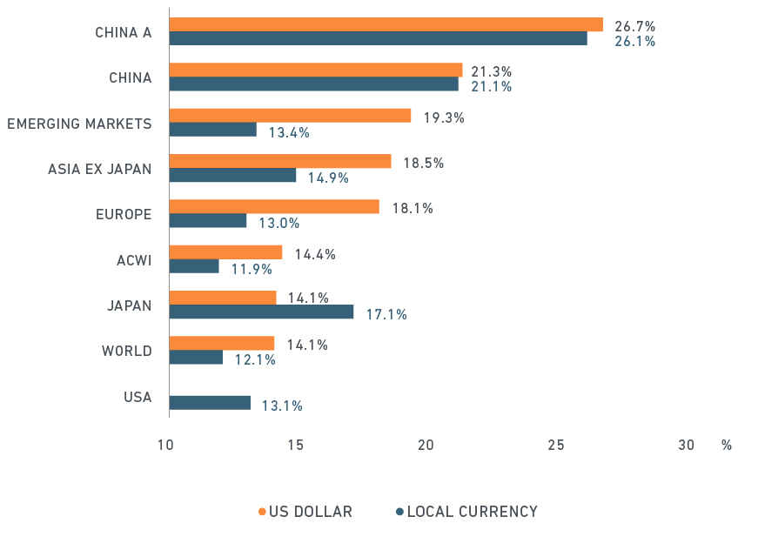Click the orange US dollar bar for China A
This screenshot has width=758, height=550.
(386, 24)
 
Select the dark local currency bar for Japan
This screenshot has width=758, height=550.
(261, 312)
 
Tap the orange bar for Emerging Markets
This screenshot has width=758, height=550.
(290, 116)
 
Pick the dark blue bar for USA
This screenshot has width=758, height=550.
(210, 403)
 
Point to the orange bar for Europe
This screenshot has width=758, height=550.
(274, 206)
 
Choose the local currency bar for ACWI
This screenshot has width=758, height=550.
(194, 266)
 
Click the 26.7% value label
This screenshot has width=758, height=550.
(634, 26)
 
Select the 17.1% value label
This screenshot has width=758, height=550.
(386, 314)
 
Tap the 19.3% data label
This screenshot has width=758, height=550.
(444, 117)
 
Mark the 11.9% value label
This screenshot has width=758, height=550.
(252, 269)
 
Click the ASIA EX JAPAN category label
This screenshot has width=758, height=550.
(100, 169)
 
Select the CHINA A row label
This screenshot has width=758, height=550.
(124, 33)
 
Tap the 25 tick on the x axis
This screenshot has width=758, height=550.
(556, 446)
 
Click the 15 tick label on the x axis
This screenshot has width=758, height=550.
(295, 446)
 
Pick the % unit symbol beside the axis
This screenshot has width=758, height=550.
(726, 446)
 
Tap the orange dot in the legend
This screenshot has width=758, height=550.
(262, 512)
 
